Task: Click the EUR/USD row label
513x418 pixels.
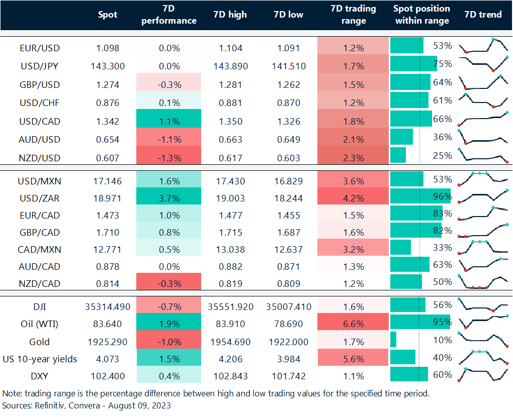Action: tap(39, 48)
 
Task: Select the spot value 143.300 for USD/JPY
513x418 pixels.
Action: tap(108, 66)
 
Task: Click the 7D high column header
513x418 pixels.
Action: tap(230, 15)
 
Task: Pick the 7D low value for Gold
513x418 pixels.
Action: tap(289, 342)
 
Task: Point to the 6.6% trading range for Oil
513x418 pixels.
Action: tap(353, 324)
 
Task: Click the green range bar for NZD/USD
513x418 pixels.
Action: tap(398, 155)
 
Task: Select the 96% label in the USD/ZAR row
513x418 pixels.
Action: tap(442, 196)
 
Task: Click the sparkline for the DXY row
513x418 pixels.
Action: tap(483, 375)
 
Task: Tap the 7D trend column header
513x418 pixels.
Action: tap(483, 15)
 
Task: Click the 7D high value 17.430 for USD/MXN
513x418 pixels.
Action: tap(230, 181)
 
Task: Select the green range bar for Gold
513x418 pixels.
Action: tap(393, 340)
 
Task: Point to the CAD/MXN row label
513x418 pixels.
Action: tap(39, 249)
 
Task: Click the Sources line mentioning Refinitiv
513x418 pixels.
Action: tap(87, 405)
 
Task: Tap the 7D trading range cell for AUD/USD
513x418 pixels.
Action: tap(353, 140)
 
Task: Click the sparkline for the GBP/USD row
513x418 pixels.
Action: tap(483, 81)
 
